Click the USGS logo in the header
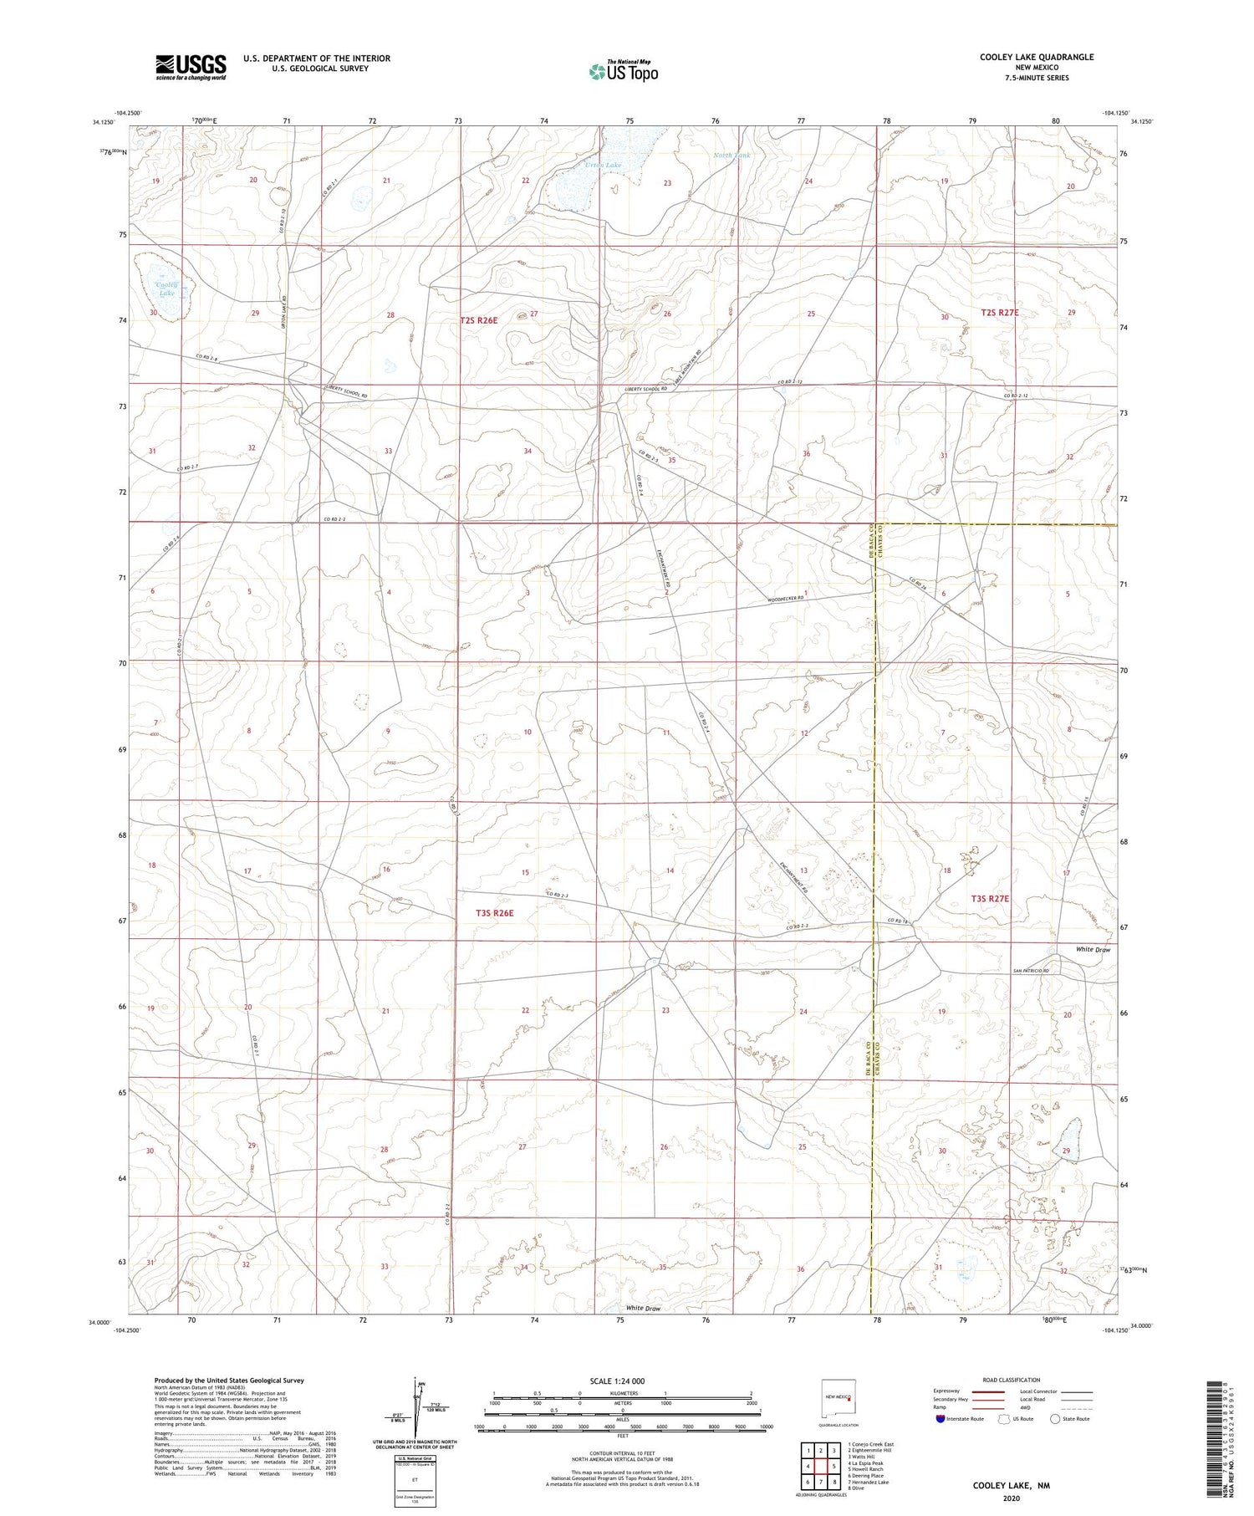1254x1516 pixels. pos(191,67)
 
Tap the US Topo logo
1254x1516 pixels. pos(623,71)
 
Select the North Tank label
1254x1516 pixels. pos(731,156)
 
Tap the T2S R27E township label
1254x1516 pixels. pos(1000,313)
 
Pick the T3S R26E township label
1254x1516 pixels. pos(490,913)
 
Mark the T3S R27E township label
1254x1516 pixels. pos(990,898)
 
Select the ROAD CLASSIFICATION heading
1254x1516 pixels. pos(1012,1380)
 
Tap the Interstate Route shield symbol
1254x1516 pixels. pos(940,1419)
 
